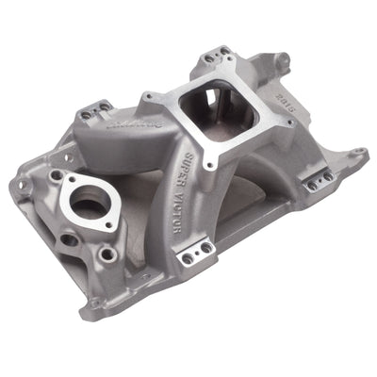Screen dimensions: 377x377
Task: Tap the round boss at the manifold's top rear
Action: (281, 59)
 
